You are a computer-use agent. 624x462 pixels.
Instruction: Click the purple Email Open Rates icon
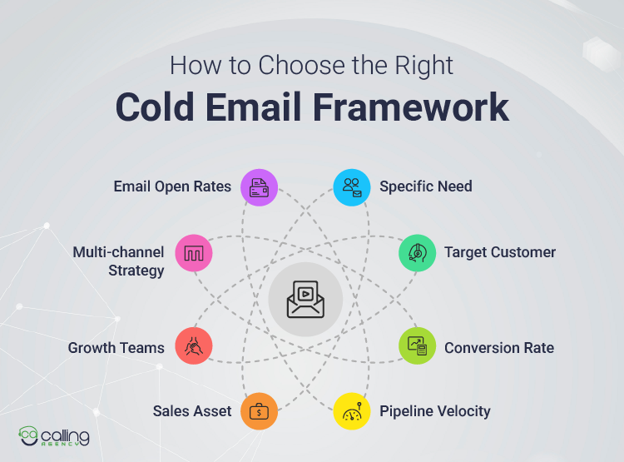coord(258,186)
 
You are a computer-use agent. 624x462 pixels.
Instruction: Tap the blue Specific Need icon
coord(351,186)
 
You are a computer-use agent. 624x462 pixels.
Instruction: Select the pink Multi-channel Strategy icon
coord(194,252)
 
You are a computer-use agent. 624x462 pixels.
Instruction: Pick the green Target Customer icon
coord(416,252)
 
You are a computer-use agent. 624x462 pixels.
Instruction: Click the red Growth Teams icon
coord(194,347)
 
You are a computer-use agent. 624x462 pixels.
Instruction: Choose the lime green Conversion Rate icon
coord(416,347)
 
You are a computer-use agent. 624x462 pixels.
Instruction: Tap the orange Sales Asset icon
coord(258,411)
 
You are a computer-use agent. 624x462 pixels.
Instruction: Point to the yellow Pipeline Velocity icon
coord(351,411)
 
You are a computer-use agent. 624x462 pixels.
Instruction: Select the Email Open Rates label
coord(172,186)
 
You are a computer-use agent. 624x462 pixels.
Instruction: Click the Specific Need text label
coord(425,186)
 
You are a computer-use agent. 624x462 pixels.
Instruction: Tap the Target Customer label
coord(499,252)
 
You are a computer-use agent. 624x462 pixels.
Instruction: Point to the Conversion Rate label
coord(498,348)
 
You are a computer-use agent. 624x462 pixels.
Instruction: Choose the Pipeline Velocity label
coord(434,411)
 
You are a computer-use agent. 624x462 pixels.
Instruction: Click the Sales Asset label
coord(192,411)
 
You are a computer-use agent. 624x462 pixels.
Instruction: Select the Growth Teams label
coord(116,348)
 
